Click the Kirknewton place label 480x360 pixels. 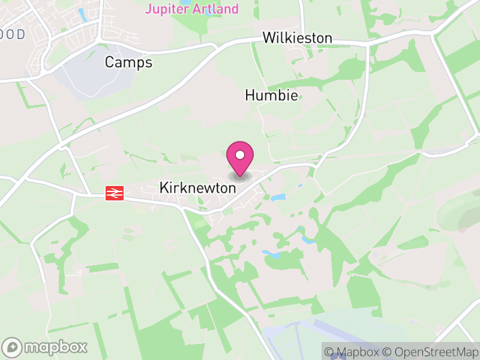[x=197, y=188]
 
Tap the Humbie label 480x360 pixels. [x=271, y=95]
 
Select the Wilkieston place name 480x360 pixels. [x=297, y=38]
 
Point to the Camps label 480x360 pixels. [x=128, y=62]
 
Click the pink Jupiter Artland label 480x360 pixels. [x=192, y=9]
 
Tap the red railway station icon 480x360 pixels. [x=115, y=193]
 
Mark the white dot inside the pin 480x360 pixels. [x=240, y=155]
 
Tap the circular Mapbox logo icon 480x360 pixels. [x=13, y=347]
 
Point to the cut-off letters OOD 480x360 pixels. [x=13, y=35]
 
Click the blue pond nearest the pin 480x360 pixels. [x=278, y=197]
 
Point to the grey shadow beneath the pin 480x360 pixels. [x=240, y=177]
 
